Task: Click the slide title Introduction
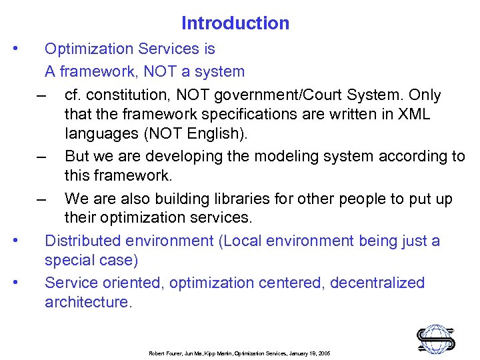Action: pos(235,23)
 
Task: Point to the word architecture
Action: pos(89,302)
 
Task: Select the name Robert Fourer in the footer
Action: pos(165,353)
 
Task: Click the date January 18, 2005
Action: pos(309,353)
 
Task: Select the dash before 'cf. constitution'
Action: pos(43,95)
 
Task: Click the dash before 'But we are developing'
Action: pos(43,157)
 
